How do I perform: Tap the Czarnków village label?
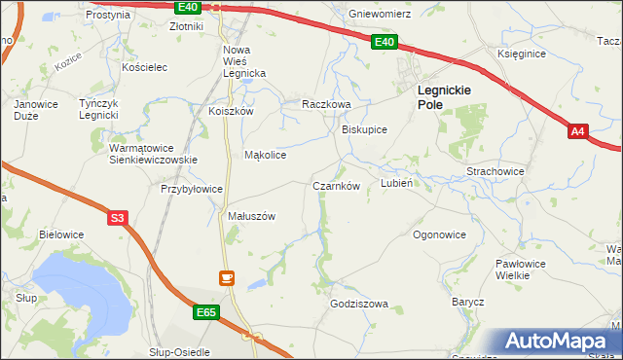click(337, 186)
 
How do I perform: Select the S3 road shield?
click(117, 219)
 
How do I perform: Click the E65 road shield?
click(204, 312)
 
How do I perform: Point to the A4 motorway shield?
click(579, 131)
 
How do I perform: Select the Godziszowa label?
click(359, 304)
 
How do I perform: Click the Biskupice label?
click(365, 128)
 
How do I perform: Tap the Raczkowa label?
click(325, 103)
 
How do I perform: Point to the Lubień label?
click(398, 182)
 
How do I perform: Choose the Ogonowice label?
click(439, 234)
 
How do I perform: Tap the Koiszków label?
click(231, 111)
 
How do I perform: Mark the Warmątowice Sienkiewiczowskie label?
click(153, 154)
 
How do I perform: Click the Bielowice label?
click(61, 234)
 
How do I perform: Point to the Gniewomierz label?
click(380, 15)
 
